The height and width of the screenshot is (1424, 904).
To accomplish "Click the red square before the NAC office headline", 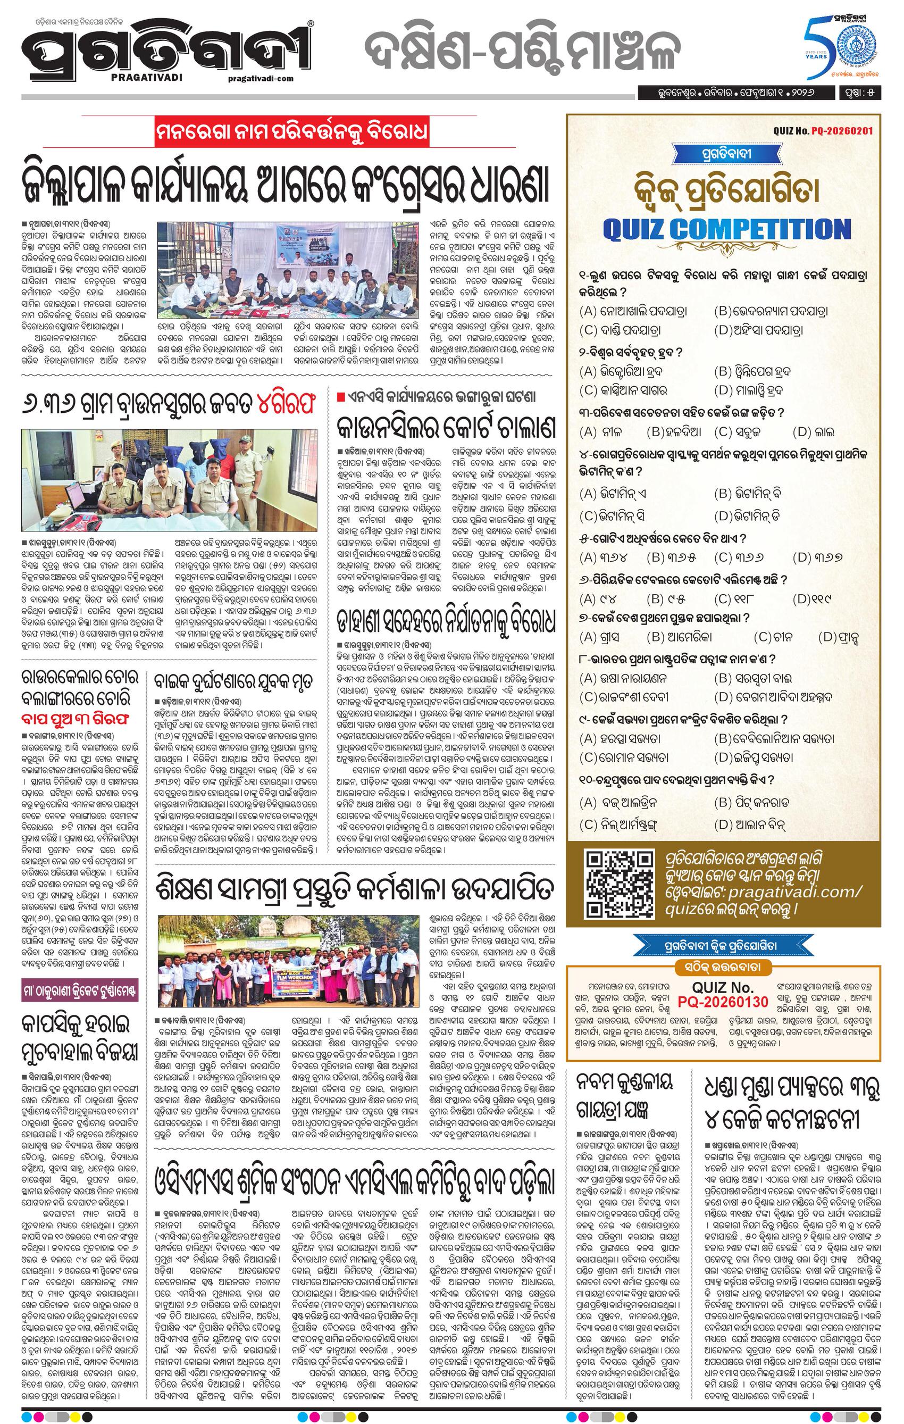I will click(339, 396).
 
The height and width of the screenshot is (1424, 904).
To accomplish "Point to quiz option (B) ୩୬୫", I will click(666, 557).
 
